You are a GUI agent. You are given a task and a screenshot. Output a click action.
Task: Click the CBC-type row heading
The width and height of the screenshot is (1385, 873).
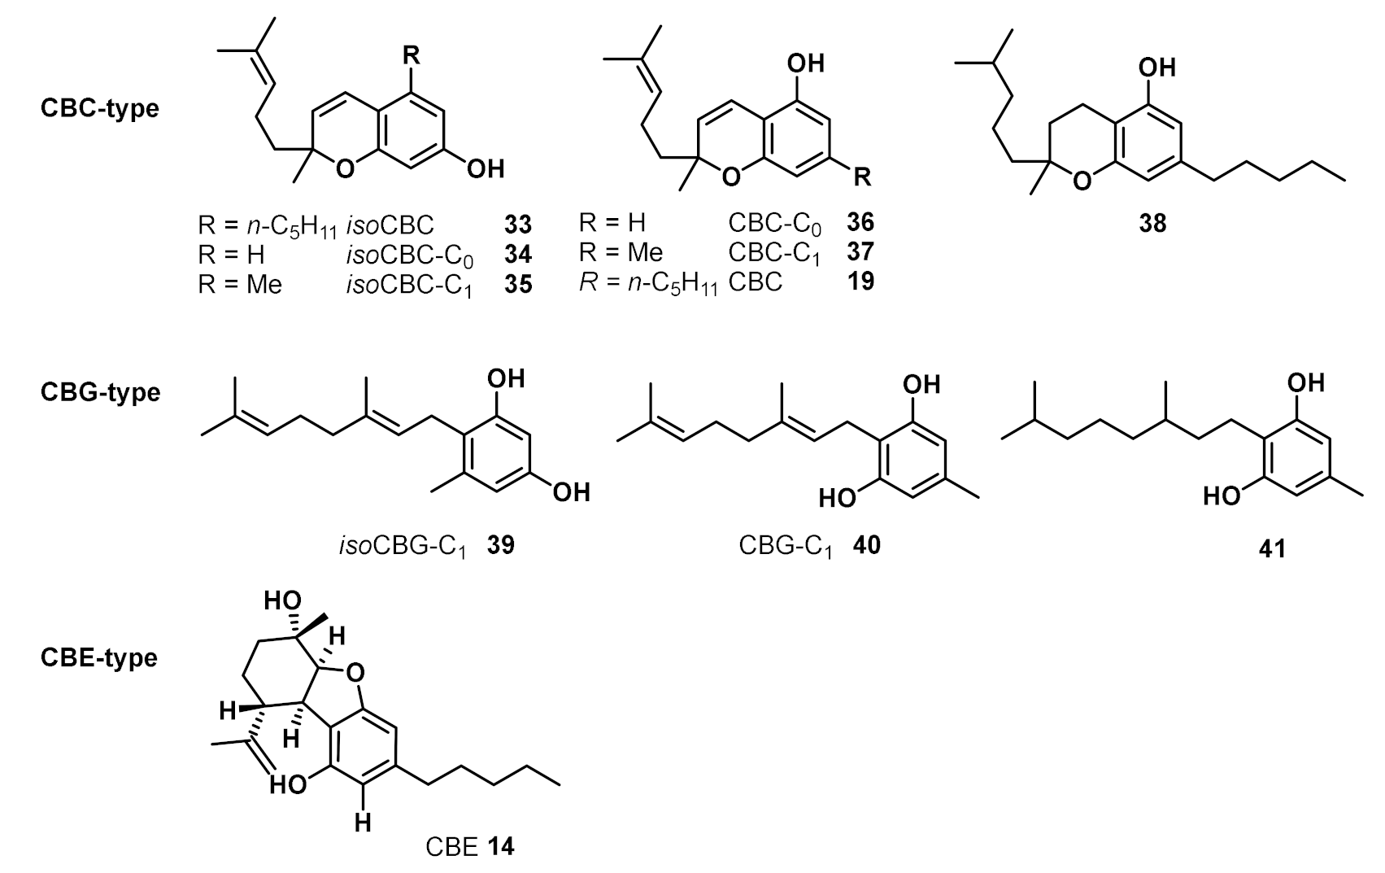[x=99, y=108]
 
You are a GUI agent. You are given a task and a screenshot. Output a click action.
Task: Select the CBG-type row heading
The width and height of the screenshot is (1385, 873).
[x=99, y=392]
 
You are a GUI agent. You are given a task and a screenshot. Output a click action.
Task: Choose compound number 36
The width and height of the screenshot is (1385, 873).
[x=859, y=221]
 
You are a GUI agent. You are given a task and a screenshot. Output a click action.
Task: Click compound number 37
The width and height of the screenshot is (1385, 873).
[x=859, y=251]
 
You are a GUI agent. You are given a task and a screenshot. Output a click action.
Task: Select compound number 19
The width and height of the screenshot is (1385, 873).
[x=859, y=282]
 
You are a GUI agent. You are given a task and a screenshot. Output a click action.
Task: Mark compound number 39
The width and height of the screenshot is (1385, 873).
[x=500, y=544]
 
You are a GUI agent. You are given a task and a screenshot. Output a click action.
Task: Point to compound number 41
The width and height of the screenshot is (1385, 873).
[x=1271, y=549]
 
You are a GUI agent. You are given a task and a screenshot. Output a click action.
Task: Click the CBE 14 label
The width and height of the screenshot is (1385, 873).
[x=470, y=847]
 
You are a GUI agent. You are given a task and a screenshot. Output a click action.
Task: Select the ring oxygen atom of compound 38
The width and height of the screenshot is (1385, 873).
[x=1082, y=180]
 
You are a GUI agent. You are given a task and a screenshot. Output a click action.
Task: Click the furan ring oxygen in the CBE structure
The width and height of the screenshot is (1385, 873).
[x=354, y=672]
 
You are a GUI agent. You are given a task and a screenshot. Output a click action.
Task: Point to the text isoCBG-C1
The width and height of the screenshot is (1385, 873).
[x=403, y=545]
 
